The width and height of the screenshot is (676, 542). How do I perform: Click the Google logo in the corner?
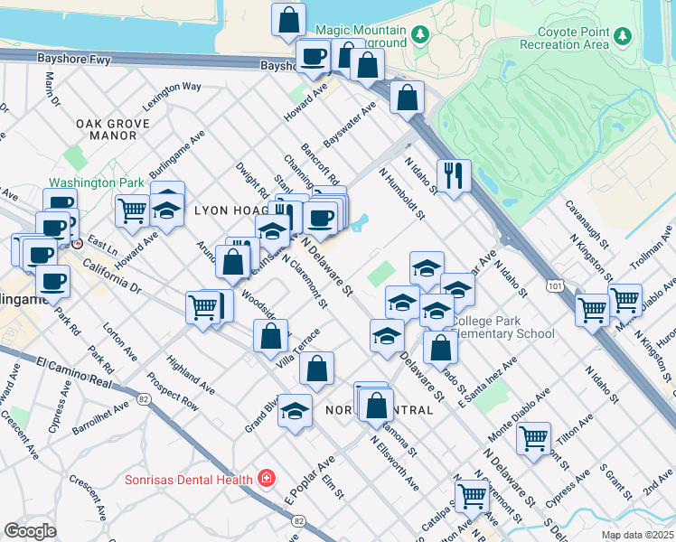click(30, 531)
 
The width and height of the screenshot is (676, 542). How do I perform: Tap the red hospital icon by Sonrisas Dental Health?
click(266, 478)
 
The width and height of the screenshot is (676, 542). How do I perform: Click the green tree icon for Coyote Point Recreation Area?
click(622, 34)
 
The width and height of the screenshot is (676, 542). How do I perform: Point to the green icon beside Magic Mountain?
click(419, 34)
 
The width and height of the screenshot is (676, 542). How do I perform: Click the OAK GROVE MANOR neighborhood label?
click(107, 129)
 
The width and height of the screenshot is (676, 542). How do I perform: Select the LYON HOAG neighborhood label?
click(226, 210)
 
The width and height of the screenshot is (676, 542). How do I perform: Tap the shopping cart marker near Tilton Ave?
click(533, 438)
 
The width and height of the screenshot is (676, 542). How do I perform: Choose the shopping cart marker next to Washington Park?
click(132, 210)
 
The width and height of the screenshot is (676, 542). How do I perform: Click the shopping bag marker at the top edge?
click(288, 19)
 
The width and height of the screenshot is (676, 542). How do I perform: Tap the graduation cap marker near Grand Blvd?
click(295, 411)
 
